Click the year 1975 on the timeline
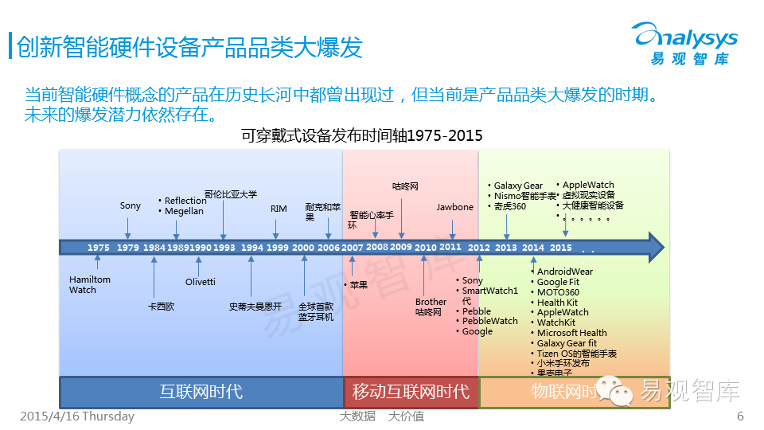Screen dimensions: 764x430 pyautogui.click(x=99, y=248)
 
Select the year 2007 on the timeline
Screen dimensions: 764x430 pyautogui.click(x=352, y=248)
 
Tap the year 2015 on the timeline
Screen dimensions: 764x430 pyautogui.click(x=561, y=248)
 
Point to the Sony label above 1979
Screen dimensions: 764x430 pyautogui.click(x=131, y=205)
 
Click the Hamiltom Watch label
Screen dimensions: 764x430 pyautogui.click(x=90, y=285)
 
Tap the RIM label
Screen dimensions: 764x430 pyautogui.click(x=279, y=209)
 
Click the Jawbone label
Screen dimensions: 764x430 pyautogui.click(x=454, y=207)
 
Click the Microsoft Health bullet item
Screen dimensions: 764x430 pyautogui.click(x=571, y=333)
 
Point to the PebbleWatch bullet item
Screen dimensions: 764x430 pyautogui.click(x=489, y=321)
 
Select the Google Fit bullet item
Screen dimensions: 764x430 pyautogui.click(x=558, y=282)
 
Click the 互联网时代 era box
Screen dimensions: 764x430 pyautogui.click(x=201, y=392)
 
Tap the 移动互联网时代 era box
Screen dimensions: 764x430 pyautogui.click(x=411, y=392)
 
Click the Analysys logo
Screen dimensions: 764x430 pyautogui.click(x=684, y=43)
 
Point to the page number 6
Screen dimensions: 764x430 pyautogui.click(x=740, y=416)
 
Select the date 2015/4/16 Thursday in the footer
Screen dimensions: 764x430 pyautogui.click(x=77, y=416)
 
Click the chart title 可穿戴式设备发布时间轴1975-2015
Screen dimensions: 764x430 pyautogui.click(x=362, y=135)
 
